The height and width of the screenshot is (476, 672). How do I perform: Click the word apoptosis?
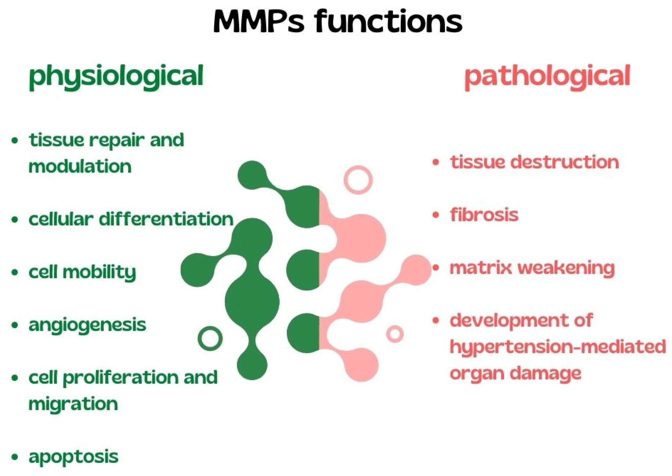(x=73, y=457)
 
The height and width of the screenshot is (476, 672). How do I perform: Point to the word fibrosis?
(x=484, y=215)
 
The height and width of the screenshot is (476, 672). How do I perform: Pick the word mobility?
(x=99, y=272)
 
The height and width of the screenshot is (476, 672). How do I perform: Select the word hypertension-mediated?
(x=557, y=347)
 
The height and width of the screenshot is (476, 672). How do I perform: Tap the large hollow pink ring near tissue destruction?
(x=358, y=180)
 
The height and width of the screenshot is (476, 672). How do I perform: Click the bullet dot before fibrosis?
(x=436, y=215)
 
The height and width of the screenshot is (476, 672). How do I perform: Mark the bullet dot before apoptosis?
(x=14, y=457)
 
